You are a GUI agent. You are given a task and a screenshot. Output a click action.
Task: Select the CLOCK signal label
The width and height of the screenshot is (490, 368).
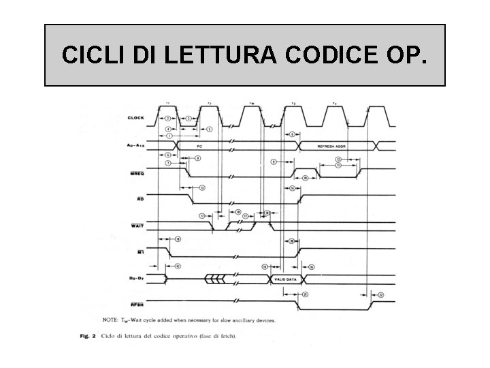tap(136, 117)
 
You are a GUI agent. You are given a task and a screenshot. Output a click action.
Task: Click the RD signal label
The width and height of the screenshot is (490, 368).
tap(140, 199)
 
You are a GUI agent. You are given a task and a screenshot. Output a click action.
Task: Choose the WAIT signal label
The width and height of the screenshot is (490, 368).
tap(137, 226)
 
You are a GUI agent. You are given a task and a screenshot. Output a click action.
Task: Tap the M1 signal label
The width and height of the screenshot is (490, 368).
tap(140, 251)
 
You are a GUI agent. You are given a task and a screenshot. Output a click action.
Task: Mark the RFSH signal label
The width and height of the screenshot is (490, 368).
tap(137, 305)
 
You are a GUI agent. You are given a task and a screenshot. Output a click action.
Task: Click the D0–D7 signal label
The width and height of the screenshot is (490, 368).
tap(136, 279)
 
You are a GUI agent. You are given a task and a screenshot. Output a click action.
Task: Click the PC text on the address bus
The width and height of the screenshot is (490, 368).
tap(199, 146)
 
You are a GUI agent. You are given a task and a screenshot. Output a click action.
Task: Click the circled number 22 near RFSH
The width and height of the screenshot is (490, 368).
tap(380, 294)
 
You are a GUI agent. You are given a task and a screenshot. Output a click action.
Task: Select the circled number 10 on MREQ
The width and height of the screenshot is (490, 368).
tap(306, 177)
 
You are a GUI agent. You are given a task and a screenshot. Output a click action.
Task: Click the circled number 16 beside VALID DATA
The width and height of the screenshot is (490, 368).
tap(311, 266)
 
